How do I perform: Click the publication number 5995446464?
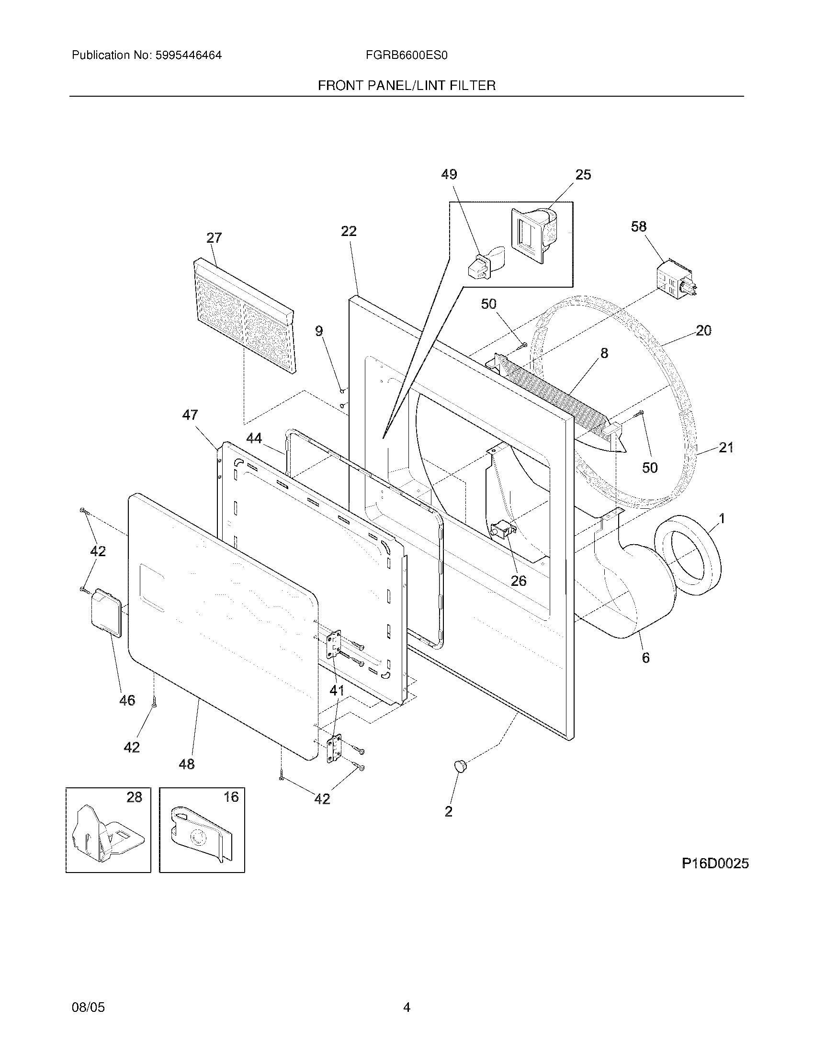click(x=188, y=56)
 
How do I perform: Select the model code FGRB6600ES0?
click(x=407, y=56)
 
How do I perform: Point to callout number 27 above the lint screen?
click(x=214, y=238)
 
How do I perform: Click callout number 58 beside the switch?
click(x=638, y=226)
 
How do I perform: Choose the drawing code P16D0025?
click(x=715, y=863)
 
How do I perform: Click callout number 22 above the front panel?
click(x=349, y=232)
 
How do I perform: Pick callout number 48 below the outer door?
click(x=187, y=764)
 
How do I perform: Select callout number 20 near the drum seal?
click(x=703, y=331)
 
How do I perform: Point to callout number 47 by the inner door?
click(x=190, y=415)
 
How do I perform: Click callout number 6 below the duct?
click(x=646, y=658)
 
